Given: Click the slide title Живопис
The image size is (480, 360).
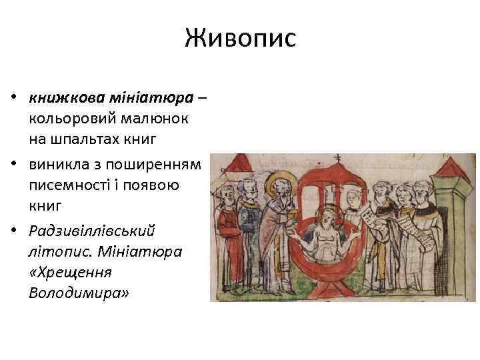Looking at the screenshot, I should click(x=240, y=38).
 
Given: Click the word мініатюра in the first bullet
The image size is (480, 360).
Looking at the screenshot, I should click(x=161, y=98).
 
